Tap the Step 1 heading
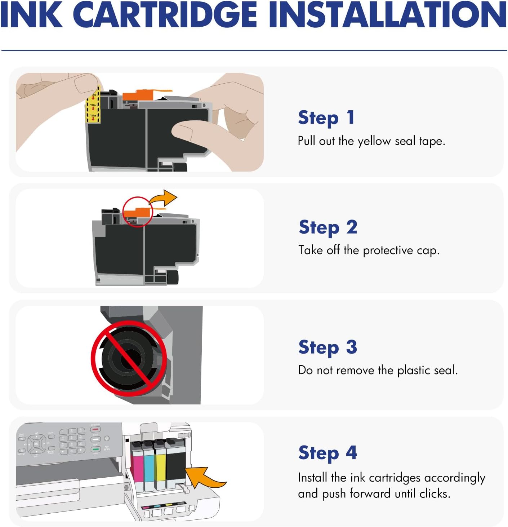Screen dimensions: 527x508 pyautogui.click(x=326, y=118)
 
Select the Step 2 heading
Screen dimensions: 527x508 pyautogui.click(x=328, y=227)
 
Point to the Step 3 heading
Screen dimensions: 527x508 pyautogui.click(x=327, y=347)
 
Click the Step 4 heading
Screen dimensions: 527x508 pyautogui.click(x=327, y=453)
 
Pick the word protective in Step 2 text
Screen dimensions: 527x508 pyautogui.click(x=388, y=250)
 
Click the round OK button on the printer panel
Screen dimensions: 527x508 pyautogui.click(x=36, y=444)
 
